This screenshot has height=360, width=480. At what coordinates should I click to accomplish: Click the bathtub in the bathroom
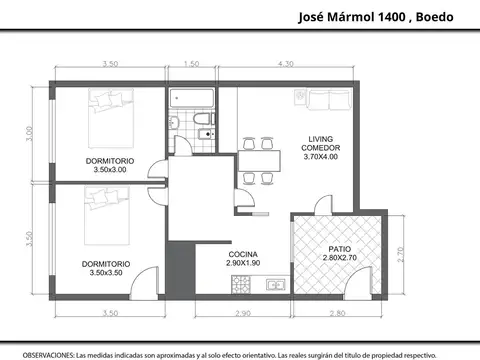(x=191, y=99)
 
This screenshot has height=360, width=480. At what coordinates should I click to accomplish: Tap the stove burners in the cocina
(x=241, y=286)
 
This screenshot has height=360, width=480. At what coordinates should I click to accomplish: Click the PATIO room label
(x=340, y=249)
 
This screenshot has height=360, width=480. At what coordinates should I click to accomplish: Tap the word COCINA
(x=244, y=255)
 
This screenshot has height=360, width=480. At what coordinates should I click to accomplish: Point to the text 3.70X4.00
(x=320, y=156)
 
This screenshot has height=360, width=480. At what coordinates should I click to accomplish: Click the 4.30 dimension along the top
(x=285, y=65)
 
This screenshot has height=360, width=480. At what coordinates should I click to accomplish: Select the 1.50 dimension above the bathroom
(x=192, y=65)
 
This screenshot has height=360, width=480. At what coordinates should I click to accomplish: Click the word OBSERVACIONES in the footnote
(x=47, y=353)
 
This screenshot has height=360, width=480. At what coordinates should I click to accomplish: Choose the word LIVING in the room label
(x=320, y=138)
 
